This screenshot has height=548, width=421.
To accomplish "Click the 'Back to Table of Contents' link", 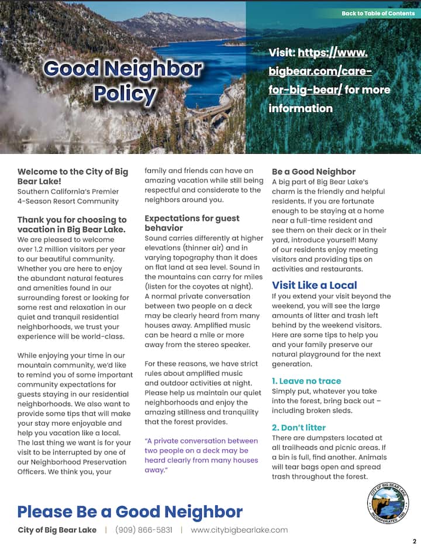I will point(378,13).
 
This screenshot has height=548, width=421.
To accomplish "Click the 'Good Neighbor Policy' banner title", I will point(123,81).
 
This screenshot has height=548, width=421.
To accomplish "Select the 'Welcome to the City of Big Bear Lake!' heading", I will point(73,176).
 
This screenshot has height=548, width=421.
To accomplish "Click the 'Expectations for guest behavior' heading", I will point(192,223).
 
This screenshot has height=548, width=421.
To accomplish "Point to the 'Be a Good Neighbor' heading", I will point(313,172).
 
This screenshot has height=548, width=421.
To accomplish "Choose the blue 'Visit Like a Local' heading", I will point(314,285).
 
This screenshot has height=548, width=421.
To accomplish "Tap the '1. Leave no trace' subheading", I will point(306,381).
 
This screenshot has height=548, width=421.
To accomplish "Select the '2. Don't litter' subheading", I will point(299,427).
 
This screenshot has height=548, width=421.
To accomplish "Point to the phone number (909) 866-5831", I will point(144,530).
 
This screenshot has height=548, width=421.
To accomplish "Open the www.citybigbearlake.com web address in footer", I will point(239,530).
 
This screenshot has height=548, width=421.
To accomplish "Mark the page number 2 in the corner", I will point(414,542).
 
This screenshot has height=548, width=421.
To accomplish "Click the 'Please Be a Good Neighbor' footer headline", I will point(129,512).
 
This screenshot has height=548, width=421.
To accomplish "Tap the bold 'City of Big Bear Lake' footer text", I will point(57,530).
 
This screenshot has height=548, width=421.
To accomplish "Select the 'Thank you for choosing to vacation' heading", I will point(71,225).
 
